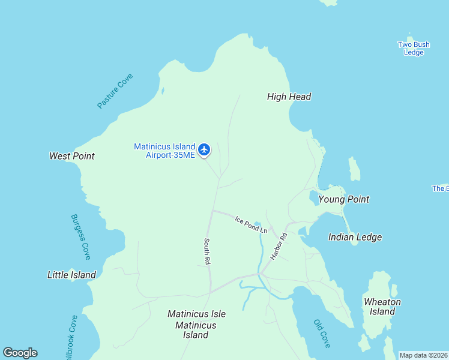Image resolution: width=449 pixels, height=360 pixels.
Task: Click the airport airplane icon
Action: coord(204,149)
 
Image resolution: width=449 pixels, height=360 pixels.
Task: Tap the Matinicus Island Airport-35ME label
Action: coord(164,151)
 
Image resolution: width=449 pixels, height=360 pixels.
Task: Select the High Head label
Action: coord(289,97)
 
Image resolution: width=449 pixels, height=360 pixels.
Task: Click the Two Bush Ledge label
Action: coord(414,49)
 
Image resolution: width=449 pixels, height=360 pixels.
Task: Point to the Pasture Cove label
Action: coord(115,91)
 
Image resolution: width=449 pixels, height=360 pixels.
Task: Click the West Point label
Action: coord(72,156)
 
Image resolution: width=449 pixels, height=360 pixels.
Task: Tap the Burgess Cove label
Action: coord(80,237)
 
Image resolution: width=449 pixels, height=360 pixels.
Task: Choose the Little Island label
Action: coord(71,275)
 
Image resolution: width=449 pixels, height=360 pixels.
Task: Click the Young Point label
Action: coord(343,199)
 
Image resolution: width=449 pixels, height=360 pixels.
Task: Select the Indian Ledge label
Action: coord(355,237)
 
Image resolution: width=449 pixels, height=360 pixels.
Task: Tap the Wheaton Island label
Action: coord(382,307)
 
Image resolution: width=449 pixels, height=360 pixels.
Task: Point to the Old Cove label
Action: coord(322,333)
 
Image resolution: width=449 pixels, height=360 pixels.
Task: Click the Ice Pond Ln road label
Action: coord(251,224)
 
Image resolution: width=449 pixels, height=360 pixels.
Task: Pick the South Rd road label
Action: coord(207,252)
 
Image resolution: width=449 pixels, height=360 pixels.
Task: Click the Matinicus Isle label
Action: coord(196,314)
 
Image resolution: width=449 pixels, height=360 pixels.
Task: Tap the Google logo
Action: coord(20,353)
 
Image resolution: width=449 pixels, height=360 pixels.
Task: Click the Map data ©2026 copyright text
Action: coord(423,355)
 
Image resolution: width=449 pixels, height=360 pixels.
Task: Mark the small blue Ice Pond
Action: coord(258,224)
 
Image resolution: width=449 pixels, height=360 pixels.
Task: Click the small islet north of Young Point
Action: coord(354,169)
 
